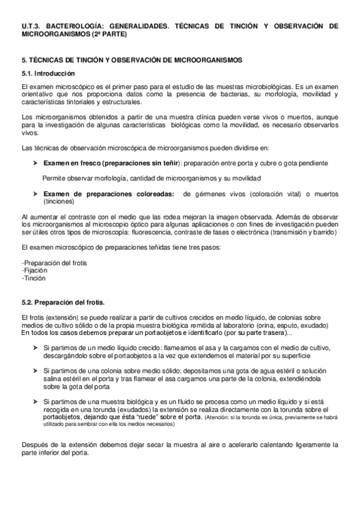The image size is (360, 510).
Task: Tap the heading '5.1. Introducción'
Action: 47,73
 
